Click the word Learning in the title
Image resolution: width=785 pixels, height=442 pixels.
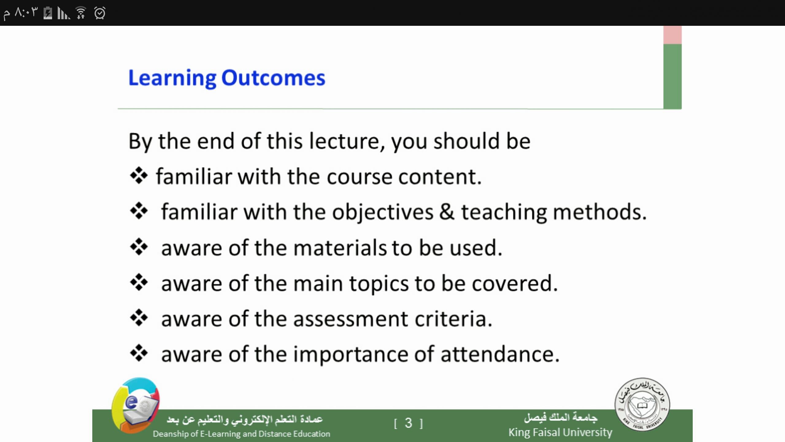(172, 79)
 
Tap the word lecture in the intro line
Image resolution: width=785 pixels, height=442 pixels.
(347, 141)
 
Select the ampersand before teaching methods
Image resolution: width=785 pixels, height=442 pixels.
(447, 212)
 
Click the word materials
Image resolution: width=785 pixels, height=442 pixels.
(340, 248)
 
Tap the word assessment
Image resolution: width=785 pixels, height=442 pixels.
(351, 319)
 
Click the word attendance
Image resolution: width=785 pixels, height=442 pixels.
(500, 354)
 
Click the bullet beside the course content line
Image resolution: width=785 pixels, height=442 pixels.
(139, 176)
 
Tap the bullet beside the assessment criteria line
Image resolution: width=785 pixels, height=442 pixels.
(139, 318)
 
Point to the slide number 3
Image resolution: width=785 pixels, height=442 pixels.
(408, 423)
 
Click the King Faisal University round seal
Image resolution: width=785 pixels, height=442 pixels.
(642, 405)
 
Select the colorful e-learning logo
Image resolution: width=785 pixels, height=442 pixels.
(136, 405)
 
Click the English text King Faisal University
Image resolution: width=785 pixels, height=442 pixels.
(560, 432)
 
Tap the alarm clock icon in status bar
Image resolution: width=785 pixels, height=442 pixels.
(100, 13)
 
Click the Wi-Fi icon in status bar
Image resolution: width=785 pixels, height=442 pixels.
(81, 13)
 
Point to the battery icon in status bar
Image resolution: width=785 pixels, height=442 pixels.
(48, 13)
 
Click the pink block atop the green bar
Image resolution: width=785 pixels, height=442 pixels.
(672, 35)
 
